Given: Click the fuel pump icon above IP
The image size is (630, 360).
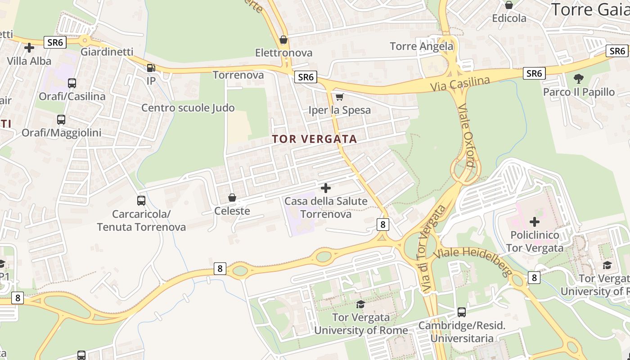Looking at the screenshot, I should coord(151,68).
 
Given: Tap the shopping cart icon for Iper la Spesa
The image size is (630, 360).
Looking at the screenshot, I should coord(340,97).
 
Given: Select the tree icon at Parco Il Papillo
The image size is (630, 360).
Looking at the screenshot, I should coord(578,79).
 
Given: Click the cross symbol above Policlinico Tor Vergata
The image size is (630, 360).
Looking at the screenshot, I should coord(535,221).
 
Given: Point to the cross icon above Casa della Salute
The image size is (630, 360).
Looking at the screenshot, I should coord(326,188).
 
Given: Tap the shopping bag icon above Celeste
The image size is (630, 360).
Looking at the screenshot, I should coord(232,198).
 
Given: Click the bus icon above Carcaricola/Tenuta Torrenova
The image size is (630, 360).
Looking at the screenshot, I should coord(141,201).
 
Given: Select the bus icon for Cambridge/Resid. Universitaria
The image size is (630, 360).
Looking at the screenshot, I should coord(461,312).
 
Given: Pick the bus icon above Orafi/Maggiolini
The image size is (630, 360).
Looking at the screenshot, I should coord(61,120).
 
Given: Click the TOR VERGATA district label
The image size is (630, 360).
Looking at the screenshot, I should coord(315,139).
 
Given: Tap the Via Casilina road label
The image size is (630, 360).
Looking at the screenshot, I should coord(459,84).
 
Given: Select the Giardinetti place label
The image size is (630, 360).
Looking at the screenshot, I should coord(107,52).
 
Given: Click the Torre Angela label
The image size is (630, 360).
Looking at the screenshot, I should coord(422,46).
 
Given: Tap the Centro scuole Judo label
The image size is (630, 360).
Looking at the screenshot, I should coord(188,108).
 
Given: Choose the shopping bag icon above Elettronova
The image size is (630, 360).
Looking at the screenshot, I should coord(283,40).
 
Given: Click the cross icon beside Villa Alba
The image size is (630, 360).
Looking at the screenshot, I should coord(29,47).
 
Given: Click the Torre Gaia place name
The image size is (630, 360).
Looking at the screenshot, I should coord(590,9).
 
